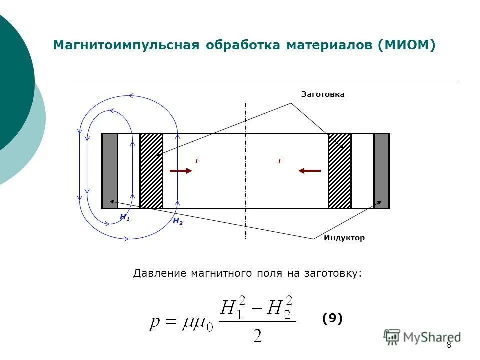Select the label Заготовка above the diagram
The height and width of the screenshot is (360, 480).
coord(322,94)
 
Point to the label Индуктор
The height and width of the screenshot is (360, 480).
coord(344,238)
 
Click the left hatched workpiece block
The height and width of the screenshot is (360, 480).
coord(151,171)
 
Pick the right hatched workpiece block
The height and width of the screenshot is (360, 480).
coord(339,171)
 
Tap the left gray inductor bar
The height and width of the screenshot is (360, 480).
coord(110,171)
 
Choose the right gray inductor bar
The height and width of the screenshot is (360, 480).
coord(381,171)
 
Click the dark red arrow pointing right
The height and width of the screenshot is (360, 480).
coord(180,171)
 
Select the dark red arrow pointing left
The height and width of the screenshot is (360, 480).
coord(310,171)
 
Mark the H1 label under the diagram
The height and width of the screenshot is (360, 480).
coord(125,217)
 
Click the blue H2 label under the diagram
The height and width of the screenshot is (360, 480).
coord(177,221)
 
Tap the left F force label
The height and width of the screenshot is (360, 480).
coord(197,161)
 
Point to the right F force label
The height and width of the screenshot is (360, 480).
coord(280,161)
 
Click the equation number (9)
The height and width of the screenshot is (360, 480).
coord(332,318)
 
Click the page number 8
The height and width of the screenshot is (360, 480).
coord(448,345)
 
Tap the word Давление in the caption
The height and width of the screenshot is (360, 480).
coord(155,273)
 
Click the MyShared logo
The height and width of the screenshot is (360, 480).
coord(422,337)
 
